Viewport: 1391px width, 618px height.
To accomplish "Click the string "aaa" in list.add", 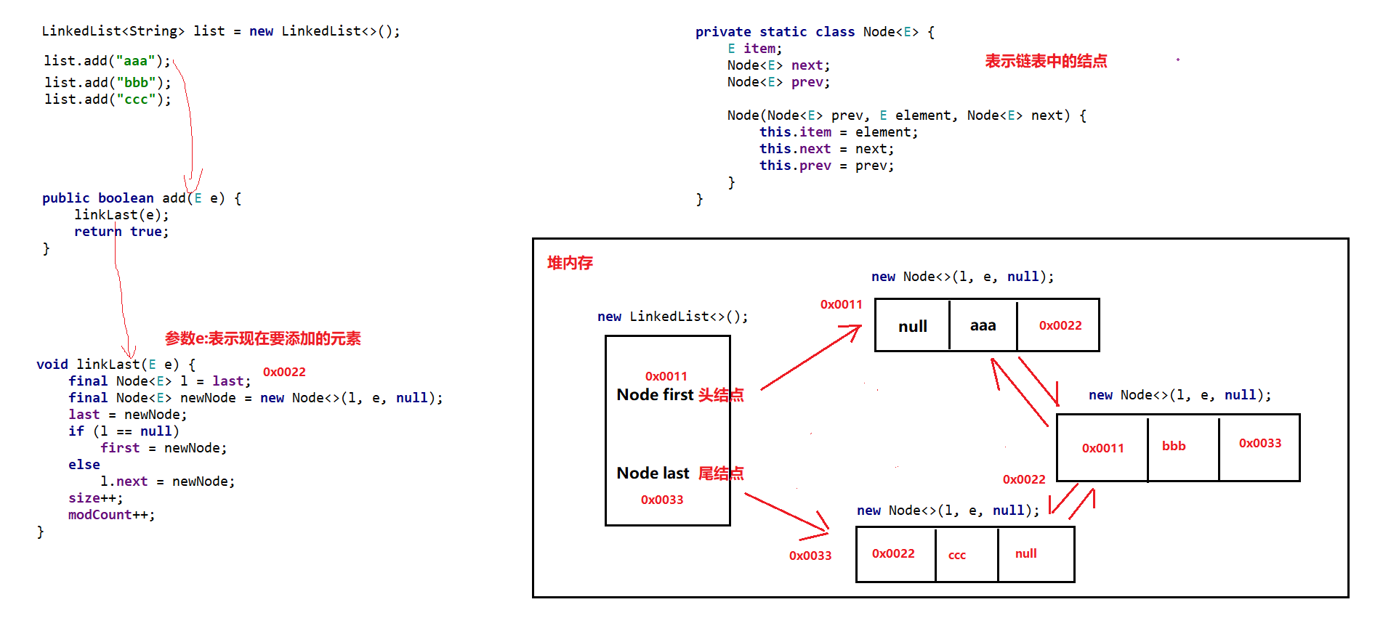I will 136,61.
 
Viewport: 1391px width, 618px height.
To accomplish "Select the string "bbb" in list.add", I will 137,83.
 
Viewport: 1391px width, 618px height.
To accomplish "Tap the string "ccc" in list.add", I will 136,99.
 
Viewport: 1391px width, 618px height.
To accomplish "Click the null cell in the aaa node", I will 912,326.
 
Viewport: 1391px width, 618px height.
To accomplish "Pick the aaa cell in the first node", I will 983,326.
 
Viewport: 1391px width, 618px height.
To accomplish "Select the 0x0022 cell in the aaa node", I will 1060,326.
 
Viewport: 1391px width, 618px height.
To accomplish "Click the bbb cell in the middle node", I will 1174,447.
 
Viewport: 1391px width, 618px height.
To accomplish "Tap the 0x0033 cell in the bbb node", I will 1259,444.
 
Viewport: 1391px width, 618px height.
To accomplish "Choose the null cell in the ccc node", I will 1025,554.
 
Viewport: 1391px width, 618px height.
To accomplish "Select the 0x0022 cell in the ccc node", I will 893,554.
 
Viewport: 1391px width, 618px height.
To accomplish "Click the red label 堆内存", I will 570,263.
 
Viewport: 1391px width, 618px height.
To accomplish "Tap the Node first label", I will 655,395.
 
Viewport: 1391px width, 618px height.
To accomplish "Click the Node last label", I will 653,473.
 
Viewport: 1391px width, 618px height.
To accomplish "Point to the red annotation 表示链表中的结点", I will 1046,62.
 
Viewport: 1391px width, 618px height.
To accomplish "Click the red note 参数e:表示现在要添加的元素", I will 262,339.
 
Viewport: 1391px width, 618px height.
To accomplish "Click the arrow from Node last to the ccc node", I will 786,515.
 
